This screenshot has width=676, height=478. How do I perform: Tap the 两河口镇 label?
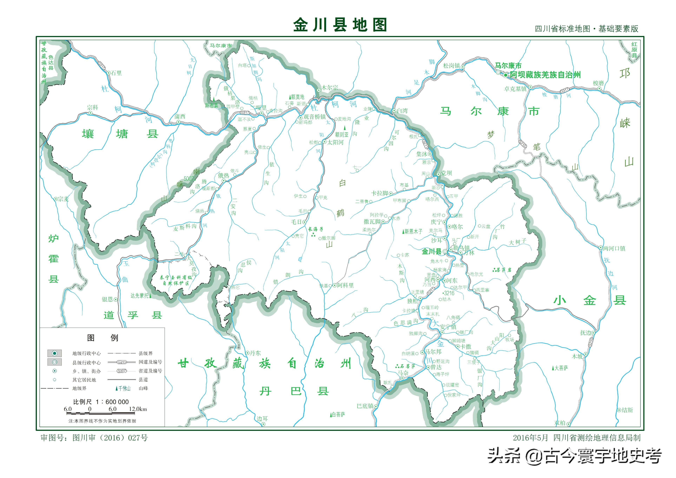(x=614, y=248)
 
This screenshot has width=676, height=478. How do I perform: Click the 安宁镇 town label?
(x=448, y=327)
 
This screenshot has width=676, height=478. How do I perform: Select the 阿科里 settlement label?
(x=345, y=285)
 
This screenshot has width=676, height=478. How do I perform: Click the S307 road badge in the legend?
(x=122, y=371)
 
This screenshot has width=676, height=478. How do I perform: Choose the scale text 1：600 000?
(x=112, y=402)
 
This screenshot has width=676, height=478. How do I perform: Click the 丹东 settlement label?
(x=255, y=353)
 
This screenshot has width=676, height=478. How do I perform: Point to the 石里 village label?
(x=116, y=73)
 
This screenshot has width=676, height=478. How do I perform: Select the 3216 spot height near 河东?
(x=449, y=293)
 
